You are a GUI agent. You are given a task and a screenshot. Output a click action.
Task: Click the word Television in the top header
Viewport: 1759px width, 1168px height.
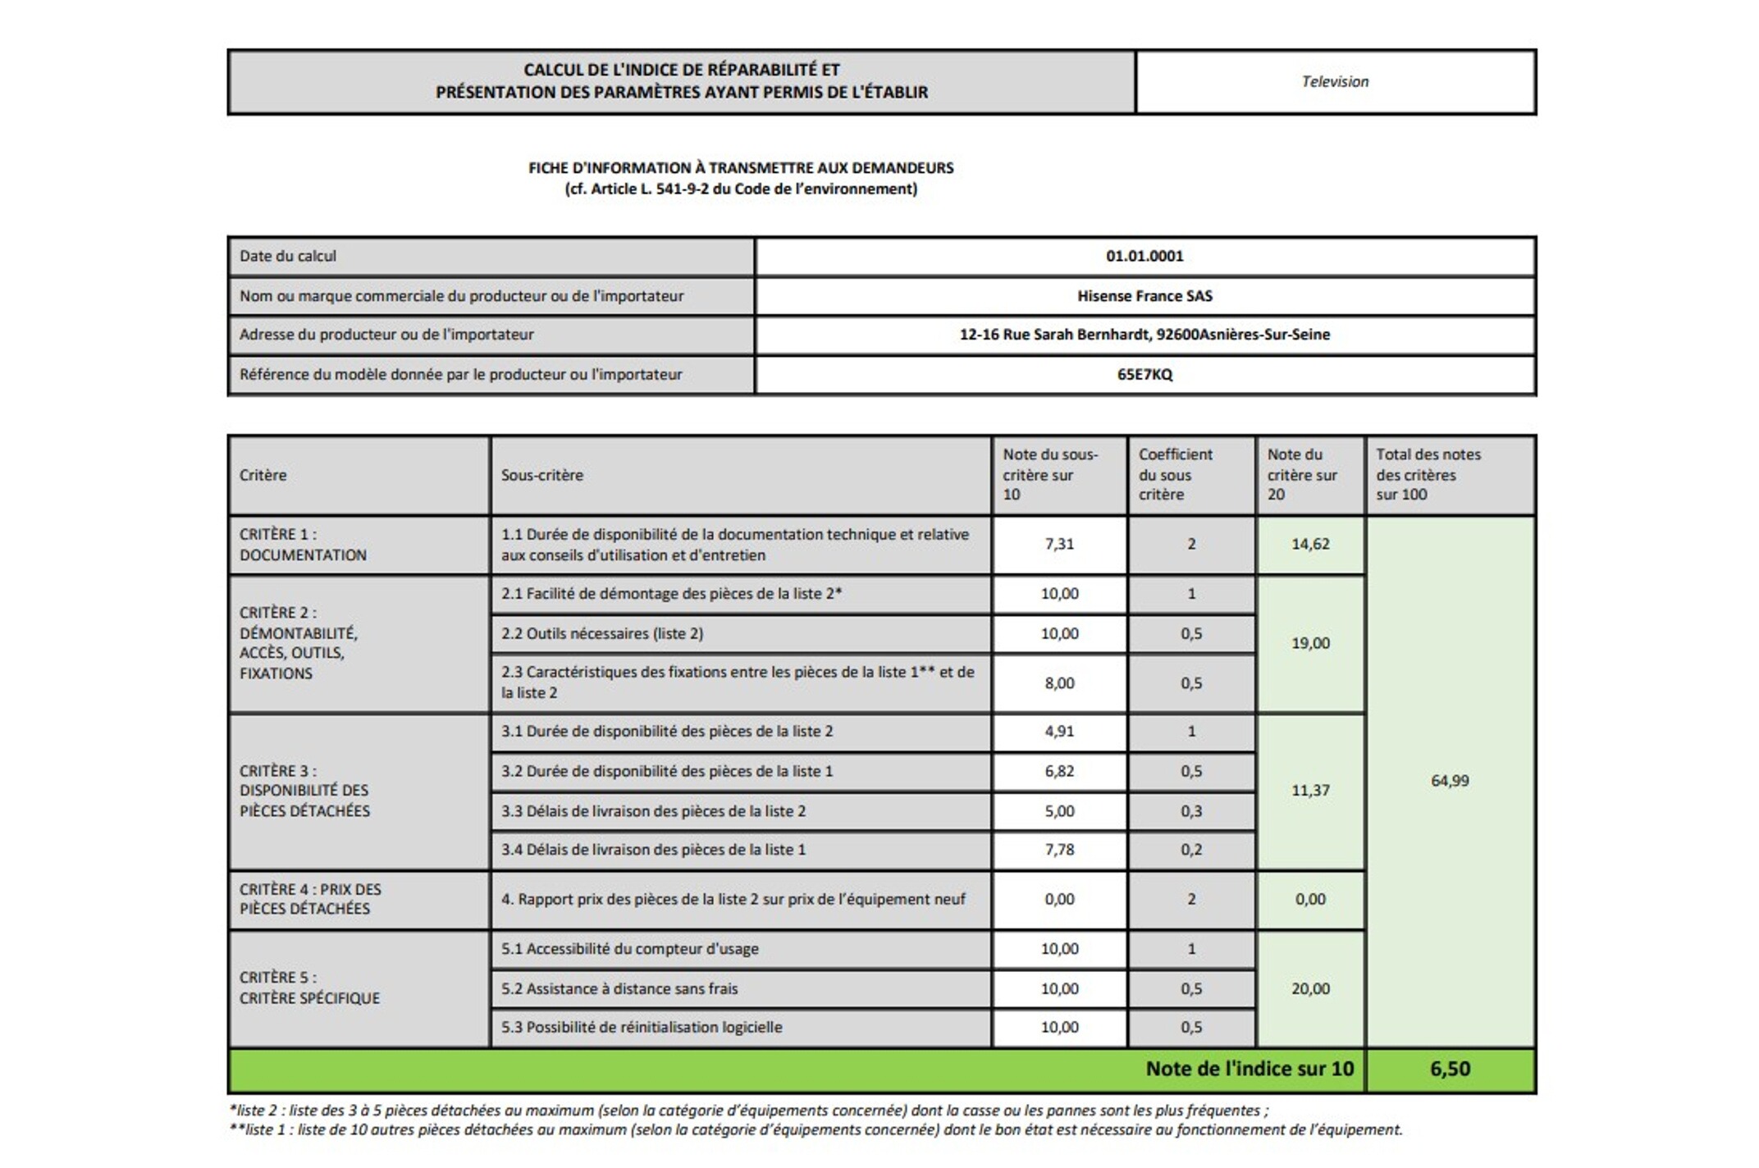(1335, 81)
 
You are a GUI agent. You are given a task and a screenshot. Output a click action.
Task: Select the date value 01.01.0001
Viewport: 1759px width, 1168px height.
(1144, 256)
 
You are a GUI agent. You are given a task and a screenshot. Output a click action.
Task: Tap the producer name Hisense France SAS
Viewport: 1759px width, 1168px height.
(1144, 296)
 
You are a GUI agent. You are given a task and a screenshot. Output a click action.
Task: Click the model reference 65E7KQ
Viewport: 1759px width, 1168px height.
(1144, 375)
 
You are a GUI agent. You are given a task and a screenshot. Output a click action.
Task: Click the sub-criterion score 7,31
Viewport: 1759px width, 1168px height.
(1059, 544)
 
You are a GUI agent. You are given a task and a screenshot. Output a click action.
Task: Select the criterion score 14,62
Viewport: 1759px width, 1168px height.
(1310, 544)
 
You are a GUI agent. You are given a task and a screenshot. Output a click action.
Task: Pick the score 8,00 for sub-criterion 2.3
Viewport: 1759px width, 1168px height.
(1059, 683)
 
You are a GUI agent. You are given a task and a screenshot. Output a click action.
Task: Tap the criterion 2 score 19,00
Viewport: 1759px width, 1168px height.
(1310, 643)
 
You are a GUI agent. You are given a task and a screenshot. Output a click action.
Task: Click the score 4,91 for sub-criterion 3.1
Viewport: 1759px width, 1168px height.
(1059, 731)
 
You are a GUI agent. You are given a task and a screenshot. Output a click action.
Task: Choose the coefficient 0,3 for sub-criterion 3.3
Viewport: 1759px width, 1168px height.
(1191, 811)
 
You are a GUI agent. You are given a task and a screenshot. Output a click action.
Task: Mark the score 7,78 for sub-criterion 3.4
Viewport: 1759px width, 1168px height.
(1059, 850)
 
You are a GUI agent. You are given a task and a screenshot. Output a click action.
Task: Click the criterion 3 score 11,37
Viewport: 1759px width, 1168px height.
(1310, 791)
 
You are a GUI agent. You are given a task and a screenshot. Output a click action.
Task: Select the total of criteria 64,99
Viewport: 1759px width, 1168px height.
(1450, 781)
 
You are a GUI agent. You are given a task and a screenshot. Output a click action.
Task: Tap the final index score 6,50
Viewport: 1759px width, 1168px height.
(1450, 1069)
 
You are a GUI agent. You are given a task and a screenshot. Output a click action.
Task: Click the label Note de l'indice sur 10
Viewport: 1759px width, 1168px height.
(1249, 1069)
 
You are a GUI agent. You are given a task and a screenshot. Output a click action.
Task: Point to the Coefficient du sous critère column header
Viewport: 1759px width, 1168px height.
(1175, 475)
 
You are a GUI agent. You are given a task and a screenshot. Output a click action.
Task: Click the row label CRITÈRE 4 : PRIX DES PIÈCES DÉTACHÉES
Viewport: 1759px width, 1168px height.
(310, 899)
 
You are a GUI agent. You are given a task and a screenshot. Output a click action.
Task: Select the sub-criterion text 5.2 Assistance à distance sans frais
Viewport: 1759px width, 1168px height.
(619, 989)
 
